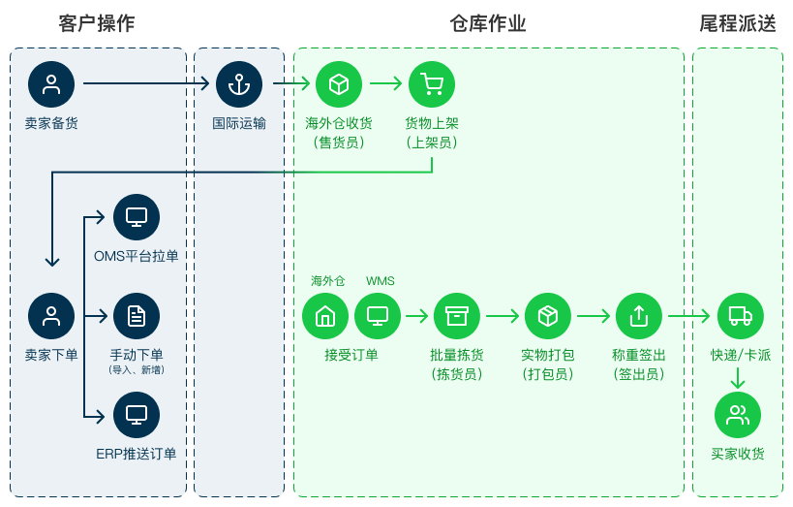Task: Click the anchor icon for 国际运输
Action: point(239,84)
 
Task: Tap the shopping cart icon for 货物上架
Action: point(432,84)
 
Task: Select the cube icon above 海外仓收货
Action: point(339,84)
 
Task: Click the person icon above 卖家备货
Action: point(51,84)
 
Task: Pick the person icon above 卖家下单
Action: point(51,316)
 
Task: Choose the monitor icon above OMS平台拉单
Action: point(137,217)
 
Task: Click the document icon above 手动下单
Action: point(137,316)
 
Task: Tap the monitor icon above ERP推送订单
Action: point(137,415)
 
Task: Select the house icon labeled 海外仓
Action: point(325,316)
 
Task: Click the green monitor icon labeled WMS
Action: point(378,316)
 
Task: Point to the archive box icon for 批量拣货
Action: point(457,316)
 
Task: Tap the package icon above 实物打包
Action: point(548,316)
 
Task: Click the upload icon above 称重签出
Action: point(639,316)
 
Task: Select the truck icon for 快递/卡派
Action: point(741,316)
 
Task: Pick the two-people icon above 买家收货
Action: point(738,415)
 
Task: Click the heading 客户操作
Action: point(97,23)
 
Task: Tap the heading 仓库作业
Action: point(488,23)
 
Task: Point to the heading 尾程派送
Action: point(738,23)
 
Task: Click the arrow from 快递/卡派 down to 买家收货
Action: point(738,378)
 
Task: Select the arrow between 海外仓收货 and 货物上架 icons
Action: point(386,83)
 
